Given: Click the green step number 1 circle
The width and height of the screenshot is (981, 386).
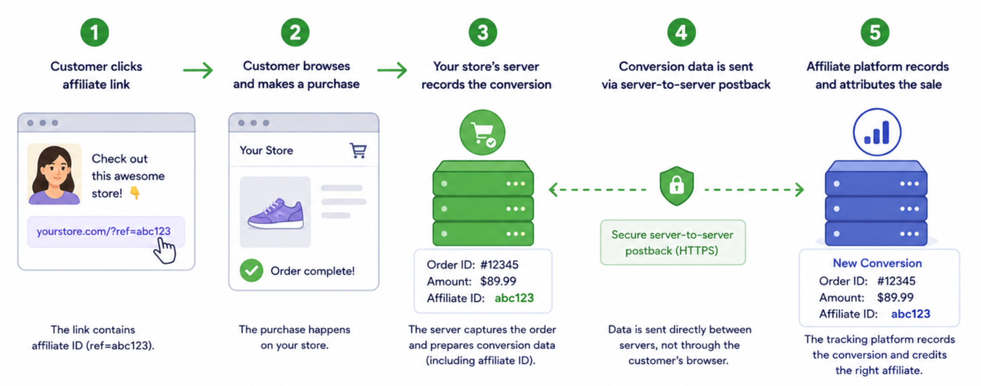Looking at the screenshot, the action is click(94, 33).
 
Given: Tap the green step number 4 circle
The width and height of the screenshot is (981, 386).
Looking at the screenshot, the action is click(681, 33).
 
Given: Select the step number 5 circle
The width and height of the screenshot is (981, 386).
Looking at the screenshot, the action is click(875, 33).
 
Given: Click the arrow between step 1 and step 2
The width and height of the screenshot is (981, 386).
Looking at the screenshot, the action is click(198, 70).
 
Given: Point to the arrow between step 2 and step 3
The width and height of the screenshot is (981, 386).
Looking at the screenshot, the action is click(392, 70).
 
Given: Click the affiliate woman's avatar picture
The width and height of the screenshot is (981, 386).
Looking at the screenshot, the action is click(54, 174).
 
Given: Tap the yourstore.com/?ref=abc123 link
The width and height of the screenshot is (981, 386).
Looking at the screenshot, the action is click(103, 231).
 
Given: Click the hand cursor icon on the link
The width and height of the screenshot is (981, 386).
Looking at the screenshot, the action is click(165, 250).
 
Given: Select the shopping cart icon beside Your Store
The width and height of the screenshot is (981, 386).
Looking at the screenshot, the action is click(358, 150).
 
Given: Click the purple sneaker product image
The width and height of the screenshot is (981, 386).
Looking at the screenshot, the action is click(275, 212).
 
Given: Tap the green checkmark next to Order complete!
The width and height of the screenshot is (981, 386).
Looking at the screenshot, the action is click(251, 271).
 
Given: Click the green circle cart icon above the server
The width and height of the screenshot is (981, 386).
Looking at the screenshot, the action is click(482, 133).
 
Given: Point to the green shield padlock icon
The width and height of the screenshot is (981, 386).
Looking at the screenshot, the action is click(676, 186).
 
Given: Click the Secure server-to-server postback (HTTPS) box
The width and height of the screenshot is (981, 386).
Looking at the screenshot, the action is click(673, 242).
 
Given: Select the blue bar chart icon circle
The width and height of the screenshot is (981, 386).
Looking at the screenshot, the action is click(877, 133).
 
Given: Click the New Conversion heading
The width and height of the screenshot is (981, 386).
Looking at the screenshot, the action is click(877, 263).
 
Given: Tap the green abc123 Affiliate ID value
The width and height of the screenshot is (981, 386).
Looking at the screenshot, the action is click(514, 298).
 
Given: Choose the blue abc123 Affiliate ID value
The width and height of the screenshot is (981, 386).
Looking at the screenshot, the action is click(911, 314).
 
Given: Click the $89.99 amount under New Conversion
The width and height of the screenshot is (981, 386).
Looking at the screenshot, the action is click(895, 297).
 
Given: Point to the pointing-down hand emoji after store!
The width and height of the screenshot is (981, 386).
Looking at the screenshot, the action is click(135, 193).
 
